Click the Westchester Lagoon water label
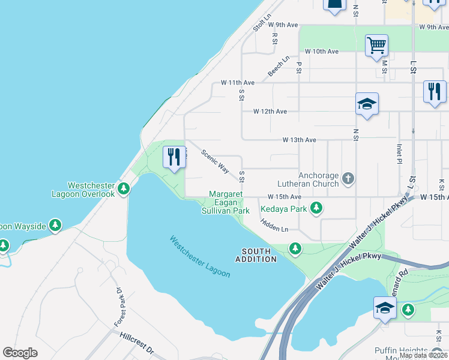pos(199,256)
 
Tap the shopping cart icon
pos(376,45)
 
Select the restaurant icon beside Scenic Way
pos(174,157)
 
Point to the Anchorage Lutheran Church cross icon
pos(348,178)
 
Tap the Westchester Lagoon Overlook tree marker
pos(124,190)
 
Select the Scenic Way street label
pos(215,161)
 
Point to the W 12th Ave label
pos(270,111)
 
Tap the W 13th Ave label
pos(300,140)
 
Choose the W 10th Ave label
pos(322,52)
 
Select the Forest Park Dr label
pos(119,307)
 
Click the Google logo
pos(20,353)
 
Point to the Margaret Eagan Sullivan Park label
pos(226,203)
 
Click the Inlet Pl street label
pos(399,154)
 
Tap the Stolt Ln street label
pos(262,23)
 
